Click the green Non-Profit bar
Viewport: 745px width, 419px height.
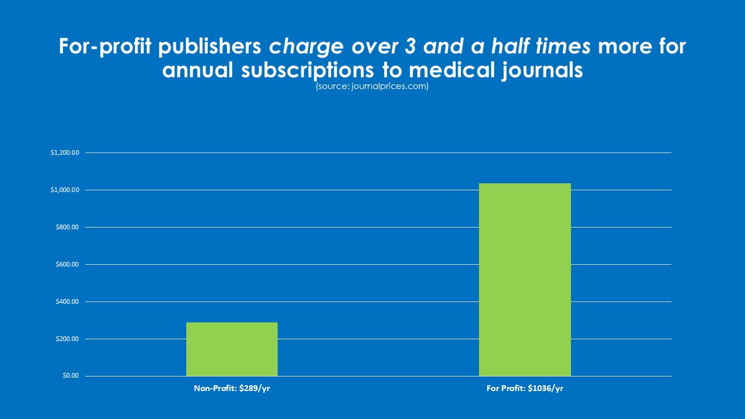(232, 349)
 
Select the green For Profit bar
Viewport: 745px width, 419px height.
(524, 279)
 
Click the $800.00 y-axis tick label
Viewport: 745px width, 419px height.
(67, 228)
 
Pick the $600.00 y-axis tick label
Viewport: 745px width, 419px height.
(67, 265)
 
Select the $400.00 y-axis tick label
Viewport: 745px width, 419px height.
(67, 302)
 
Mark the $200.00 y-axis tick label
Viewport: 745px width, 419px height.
(67, 339)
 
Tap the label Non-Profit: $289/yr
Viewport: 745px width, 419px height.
(232, 388)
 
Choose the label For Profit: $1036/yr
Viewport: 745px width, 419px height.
(524, 388)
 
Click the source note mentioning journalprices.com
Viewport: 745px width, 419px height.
(372, 87)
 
